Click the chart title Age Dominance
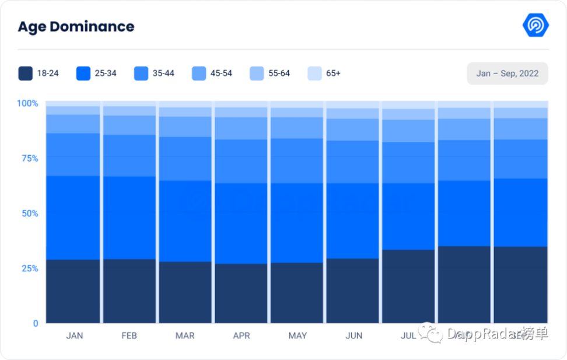[76, 27]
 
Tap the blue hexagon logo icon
[535, 25]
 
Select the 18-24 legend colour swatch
[25, 74]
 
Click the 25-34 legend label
[106, 74]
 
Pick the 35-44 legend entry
[154, 74]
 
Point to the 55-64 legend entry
[269, 74]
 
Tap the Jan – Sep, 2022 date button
[507, 74]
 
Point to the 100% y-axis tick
[27, 103]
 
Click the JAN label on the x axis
[74, 335]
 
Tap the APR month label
[242, 335]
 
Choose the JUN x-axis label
[353, 335]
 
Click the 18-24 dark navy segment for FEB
[129, 291]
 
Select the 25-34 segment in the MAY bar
[297, 223]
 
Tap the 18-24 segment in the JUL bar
[408, 286]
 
